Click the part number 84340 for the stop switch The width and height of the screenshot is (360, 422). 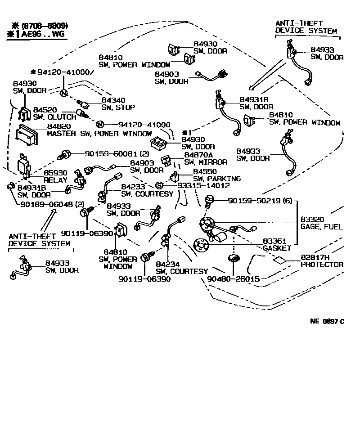click(113, 100)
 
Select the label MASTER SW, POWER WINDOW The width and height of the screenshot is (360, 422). click(99, 134)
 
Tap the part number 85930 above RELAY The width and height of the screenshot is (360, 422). click(55, 173)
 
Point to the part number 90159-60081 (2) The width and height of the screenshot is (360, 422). click(117, 154)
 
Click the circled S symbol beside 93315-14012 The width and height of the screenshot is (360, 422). click(159, 185)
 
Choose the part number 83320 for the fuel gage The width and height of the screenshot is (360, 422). click(312, 220)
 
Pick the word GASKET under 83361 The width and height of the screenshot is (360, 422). click(277, 248)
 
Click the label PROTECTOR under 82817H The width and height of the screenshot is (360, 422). click(322, 265)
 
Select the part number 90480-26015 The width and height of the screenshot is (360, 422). click(234, 279)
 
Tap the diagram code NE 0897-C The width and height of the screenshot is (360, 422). click(327, 321)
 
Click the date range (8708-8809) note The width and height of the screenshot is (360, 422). click(45, 26)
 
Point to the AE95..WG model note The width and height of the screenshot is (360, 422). click(43, 34)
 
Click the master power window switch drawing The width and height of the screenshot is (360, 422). click(27, 135)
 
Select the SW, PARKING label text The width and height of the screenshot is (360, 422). click(217, 179)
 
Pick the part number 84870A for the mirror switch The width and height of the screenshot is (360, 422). click(198, 155)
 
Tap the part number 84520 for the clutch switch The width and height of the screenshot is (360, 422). click(45, 110)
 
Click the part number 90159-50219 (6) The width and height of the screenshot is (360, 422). click(260, 201)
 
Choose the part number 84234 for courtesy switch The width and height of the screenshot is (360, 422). click(167, 264)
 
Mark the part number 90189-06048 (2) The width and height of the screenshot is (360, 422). click(53, 204)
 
